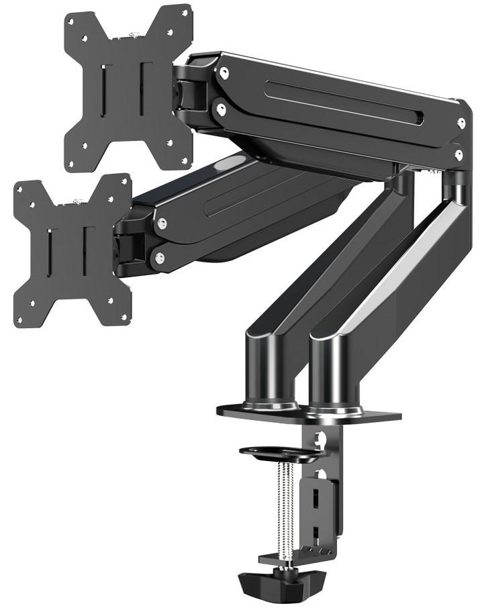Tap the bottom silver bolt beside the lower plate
159,256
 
